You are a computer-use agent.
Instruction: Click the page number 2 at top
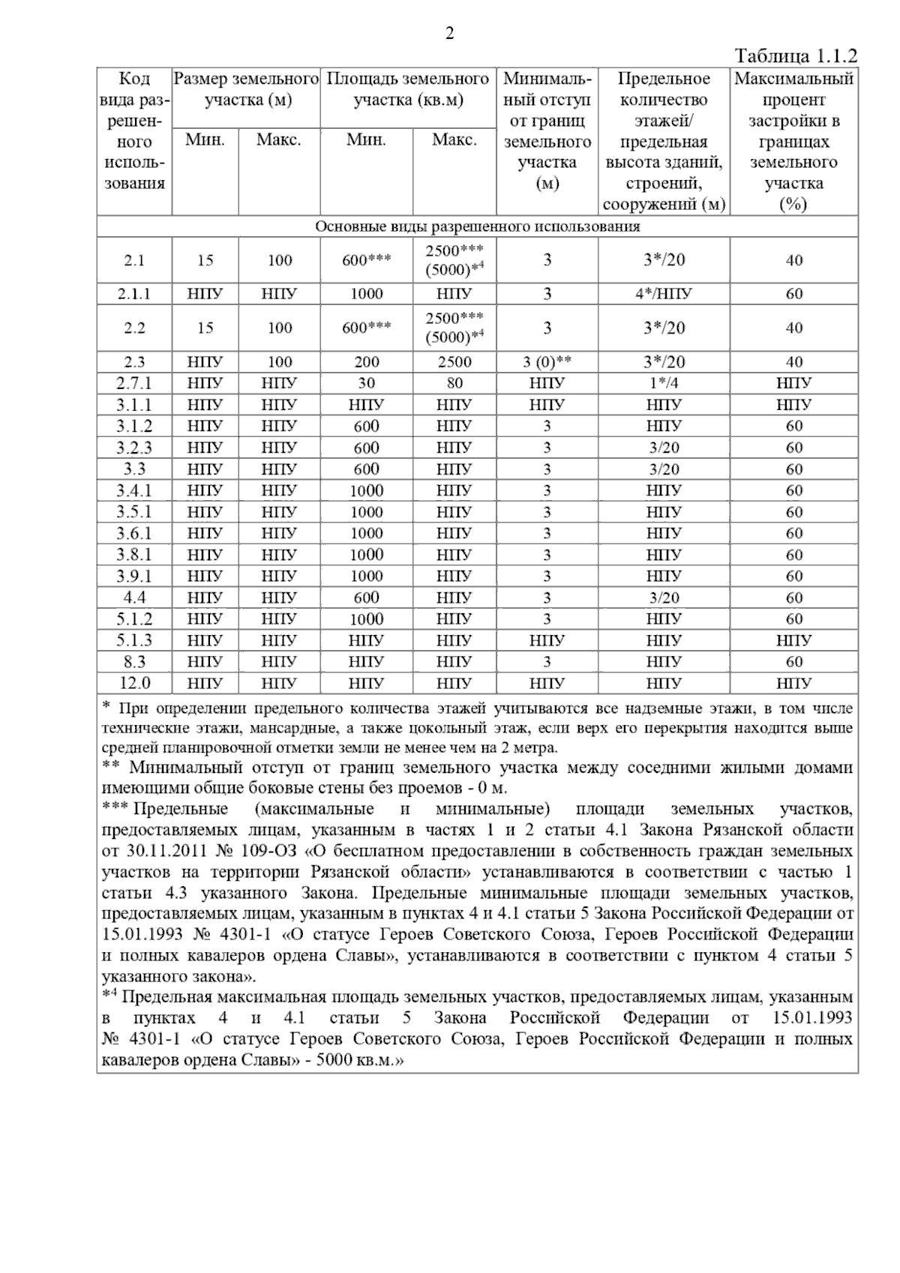click(449, 34)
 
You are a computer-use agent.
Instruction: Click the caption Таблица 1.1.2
click(796, 57)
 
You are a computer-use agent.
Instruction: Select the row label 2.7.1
click(134, 383)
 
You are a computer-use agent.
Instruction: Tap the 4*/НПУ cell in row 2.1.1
click(664, 294)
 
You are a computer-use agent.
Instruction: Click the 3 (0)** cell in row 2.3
click(547, 362)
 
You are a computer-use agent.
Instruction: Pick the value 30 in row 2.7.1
click(366, 383)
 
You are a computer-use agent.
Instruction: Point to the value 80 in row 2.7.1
click(454, 383)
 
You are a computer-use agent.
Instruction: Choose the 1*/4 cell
click(664, 383)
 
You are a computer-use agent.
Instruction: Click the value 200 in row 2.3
click(366, 362)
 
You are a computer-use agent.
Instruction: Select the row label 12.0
click(134, 683)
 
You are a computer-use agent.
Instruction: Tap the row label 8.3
click(134, 662)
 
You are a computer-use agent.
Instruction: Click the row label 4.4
click(134, 598)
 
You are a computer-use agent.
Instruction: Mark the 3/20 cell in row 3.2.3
click(664, 448)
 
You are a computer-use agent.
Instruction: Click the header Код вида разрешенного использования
click(134, 131)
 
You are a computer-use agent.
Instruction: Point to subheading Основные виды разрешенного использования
click(477, 226)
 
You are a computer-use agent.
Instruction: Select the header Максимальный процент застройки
click(793, 131)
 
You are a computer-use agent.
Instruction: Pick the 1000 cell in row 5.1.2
click(366, 619)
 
